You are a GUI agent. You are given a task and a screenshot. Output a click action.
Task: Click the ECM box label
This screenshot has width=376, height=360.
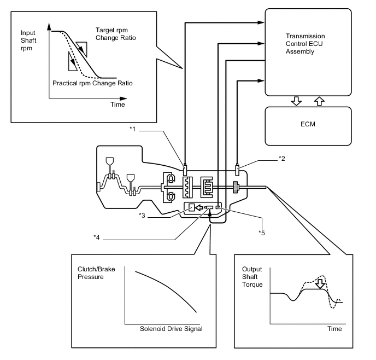tap(308, 124)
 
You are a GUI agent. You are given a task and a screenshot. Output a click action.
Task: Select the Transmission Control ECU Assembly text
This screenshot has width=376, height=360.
tap(305, 44)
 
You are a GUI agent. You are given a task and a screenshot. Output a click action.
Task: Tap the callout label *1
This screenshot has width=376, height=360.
tap(133, 129)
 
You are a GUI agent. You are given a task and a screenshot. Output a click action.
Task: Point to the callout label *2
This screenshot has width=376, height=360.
tap(282, 159)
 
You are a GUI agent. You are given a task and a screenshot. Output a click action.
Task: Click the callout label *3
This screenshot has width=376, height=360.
tap(142, 216)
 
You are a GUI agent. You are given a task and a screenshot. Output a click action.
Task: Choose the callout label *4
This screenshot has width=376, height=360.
tap(96, 237)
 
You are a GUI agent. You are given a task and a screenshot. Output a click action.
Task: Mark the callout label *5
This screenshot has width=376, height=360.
tap(262, 233)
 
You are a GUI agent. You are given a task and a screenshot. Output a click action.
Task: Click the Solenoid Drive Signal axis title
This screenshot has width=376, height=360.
tap(171, 329)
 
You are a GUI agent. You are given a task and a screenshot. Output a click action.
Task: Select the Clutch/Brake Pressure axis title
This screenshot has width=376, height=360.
tap(96, 273)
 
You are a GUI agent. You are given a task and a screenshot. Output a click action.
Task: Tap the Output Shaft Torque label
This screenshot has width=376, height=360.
tap(252, 277)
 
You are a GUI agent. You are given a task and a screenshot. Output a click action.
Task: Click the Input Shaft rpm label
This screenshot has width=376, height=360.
tap(28, 40)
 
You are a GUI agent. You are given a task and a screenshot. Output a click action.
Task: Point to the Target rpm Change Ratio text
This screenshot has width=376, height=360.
tap(115, 34)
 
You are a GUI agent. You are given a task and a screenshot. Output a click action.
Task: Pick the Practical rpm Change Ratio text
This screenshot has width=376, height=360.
tap(92, 83)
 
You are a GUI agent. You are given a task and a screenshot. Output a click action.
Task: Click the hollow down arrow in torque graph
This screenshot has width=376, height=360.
tap(320, 284)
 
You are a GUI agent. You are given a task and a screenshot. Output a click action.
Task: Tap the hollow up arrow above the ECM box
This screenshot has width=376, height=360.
tap(319, 101)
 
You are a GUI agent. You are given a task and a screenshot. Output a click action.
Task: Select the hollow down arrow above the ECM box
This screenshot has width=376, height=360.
tap(296, 101)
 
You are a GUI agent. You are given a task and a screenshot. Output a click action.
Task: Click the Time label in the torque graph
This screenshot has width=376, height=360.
tap(334, 329)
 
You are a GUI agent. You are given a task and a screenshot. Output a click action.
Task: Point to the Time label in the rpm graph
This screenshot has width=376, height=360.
tap(117, 104)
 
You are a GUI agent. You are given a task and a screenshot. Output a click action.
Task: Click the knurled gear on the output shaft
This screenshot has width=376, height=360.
tap(236, 187)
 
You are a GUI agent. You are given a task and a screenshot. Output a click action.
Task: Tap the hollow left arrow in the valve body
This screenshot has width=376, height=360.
tap(199, 207)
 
